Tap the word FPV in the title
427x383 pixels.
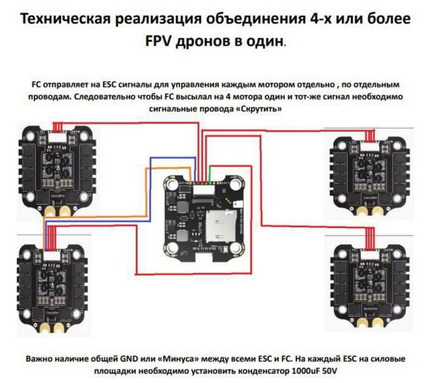tap(158, 41)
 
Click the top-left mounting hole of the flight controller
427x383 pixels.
tap(172, 184)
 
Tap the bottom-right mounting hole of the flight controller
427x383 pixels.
tap(235, 247)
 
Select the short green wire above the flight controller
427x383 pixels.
tap(209, 174)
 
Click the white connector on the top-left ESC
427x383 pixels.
tap(57, 136)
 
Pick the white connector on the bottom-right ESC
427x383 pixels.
tap(369, 255)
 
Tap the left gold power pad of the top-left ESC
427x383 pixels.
tap(50, 211)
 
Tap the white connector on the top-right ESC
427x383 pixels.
tap(369, 147)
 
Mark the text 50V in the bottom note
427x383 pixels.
tap(329, 371)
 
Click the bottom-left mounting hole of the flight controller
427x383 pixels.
tap(172, 247)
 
